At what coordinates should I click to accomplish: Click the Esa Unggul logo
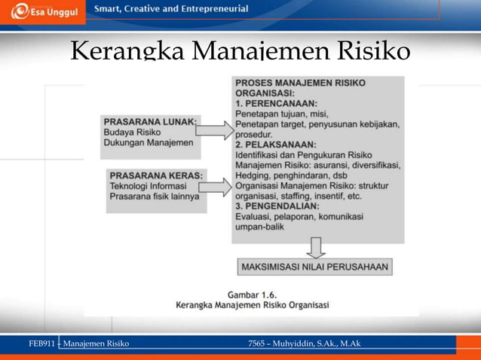coord(36,12)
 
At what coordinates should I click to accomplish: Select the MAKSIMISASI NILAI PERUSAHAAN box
coord(314,267)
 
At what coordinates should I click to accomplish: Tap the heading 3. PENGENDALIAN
coord(277,206)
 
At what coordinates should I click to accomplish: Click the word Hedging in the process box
coord(255,175)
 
